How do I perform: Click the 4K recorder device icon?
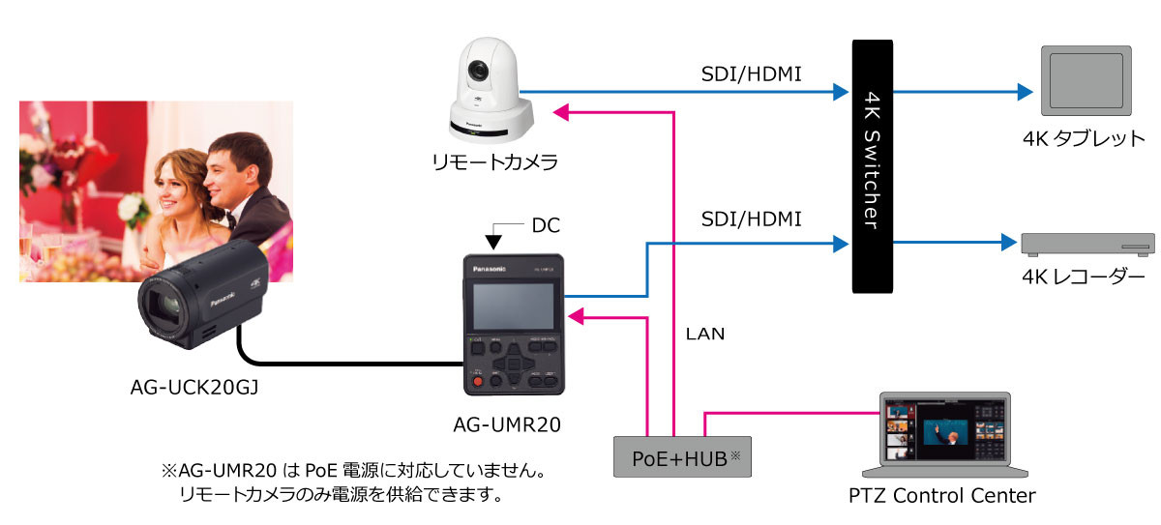pyautogui.click(x=1087, y=244)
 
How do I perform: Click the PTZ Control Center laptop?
pyautogui.click(x=942, y=434)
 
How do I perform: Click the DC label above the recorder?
pyautogui.click(x=545, y=226)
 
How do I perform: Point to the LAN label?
pyautogui.click(x=705, y=335)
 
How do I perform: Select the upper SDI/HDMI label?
pyautogui.click(x=751, y=73)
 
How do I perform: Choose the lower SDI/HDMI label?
pyautogui.click(x=751, y=219)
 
